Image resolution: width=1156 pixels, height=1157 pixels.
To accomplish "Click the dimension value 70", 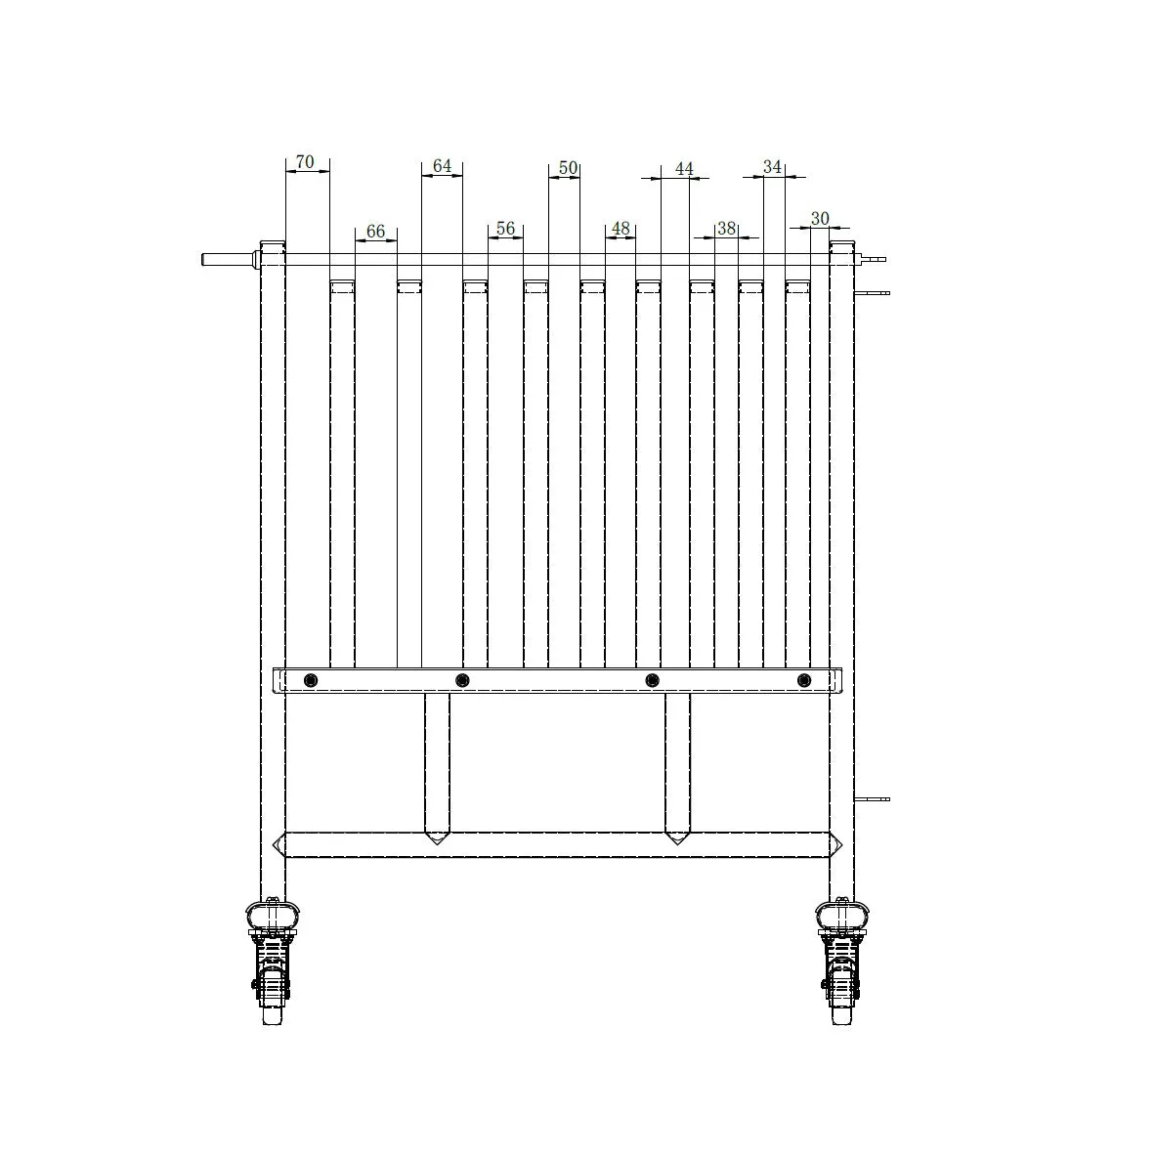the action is click(305, 161).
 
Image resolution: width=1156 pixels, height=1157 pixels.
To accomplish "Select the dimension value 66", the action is click(375, 231).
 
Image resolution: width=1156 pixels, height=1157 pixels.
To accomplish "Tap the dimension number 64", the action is click(442, 166).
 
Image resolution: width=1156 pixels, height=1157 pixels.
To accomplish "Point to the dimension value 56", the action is click(505, 229).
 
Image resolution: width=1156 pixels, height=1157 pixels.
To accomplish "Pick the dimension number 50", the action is click(568, 167).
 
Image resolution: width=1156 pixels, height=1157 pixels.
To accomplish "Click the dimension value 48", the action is click(621, 229).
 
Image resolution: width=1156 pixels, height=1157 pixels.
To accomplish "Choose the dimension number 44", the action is click(685, 169).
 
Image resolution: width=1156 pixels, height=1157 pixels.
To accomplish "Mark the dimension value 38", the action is click(727, 229).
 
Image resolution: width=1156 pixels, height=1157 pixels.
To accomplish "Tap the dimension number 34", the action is click(772, 167).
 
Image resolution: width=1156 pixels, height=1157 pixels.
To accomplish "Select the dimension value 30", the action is click(820, 219).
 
